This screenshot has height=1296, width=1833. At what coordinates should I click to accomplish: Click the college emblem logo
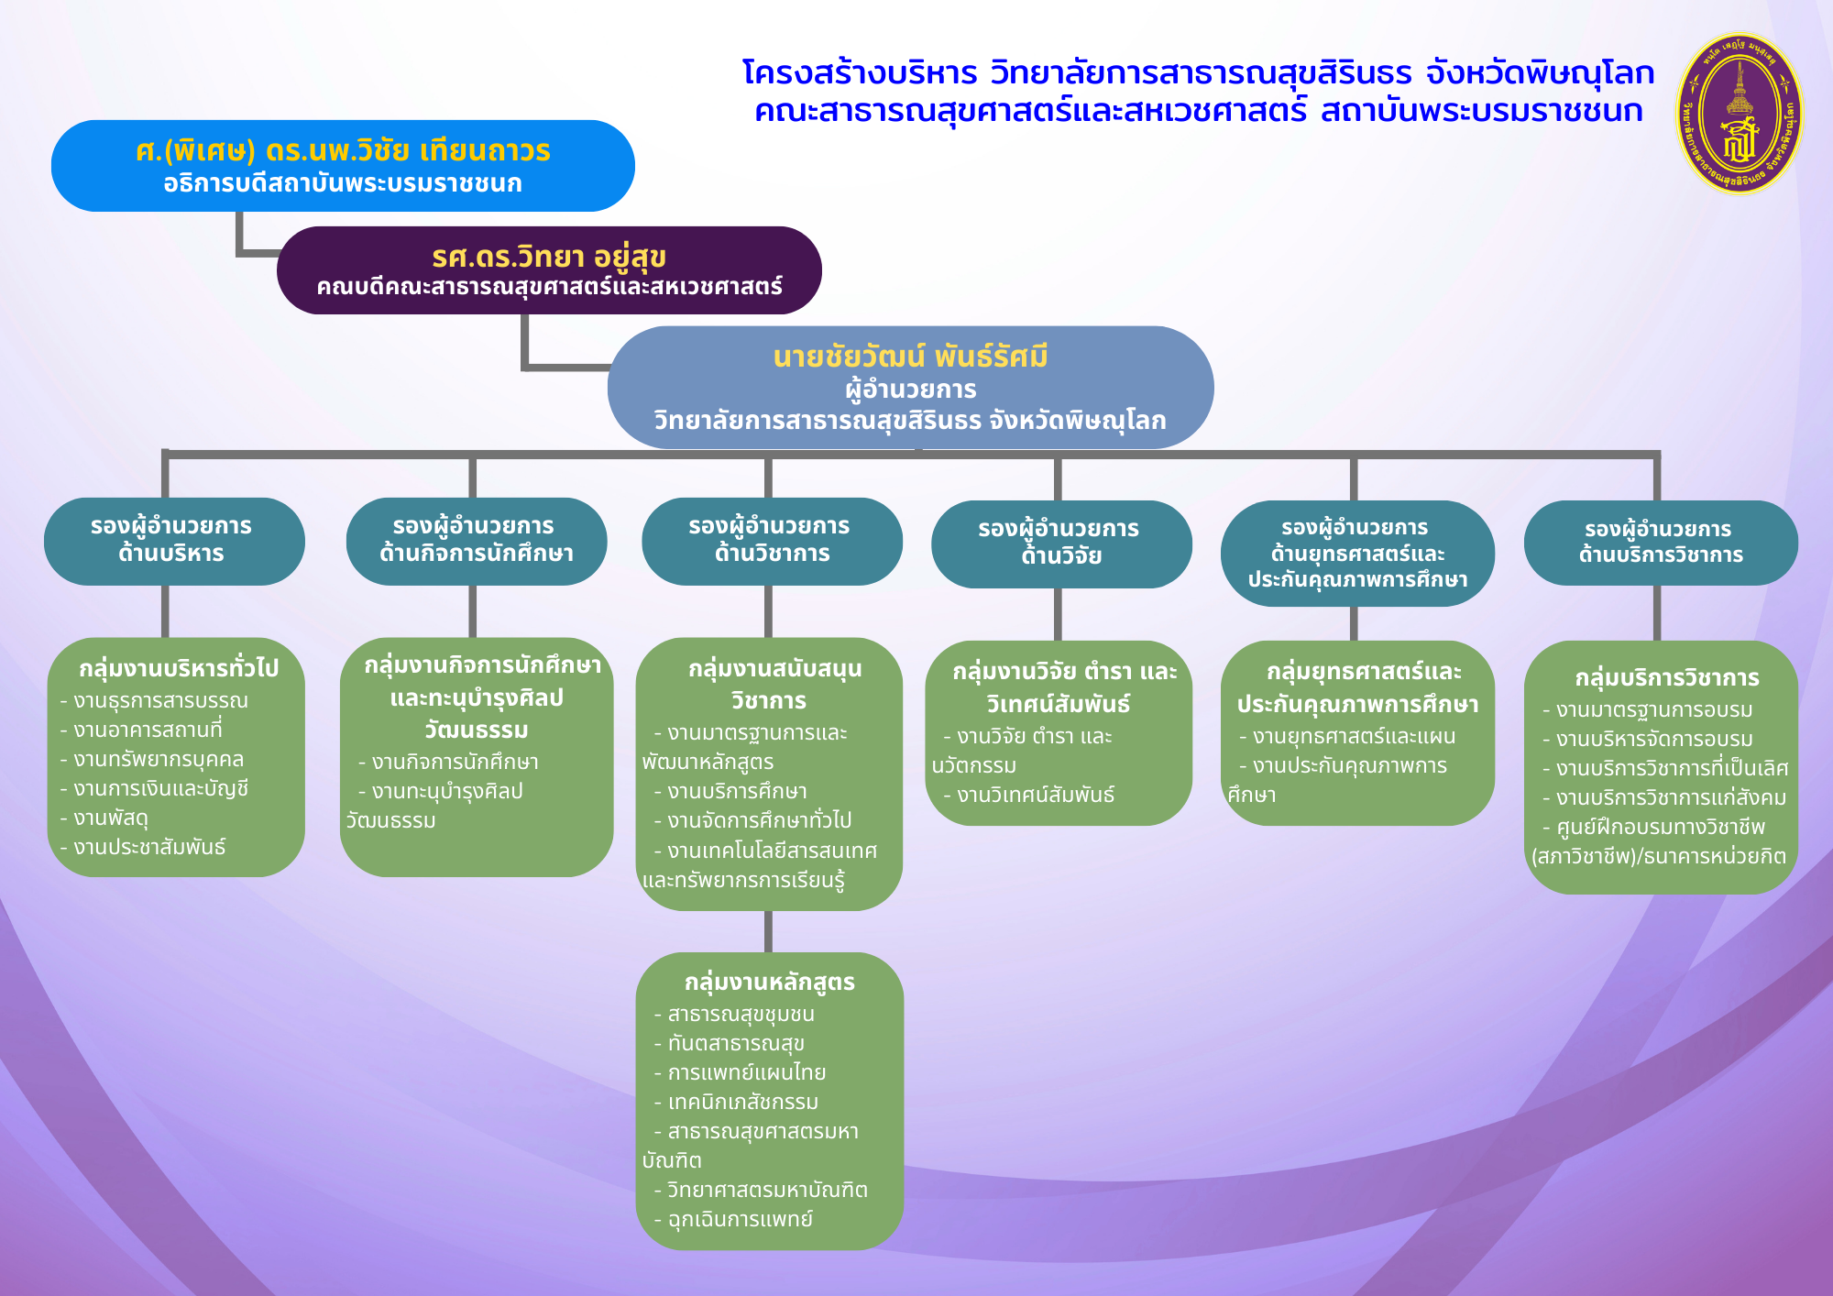coord(1739,115)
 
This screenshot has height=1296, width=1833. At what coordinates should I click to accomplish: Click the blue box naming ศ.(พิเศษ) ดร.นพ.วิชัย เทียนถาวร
coord(343,166)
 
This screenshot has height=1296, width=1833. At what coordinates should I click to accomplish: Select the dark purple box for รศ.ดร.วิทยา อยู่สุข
coord(549,270)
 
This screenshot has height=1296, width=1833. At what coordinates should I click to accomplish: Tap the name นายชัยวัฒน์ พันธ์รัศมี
coord(910,357)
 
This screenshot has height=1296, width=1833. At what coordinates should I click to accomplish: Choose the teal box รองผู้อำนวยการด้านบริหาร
coord(174,541)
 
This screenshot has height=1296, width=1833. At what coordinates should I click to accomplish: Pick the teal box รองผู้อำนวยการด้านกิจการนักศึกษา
coord(477,541)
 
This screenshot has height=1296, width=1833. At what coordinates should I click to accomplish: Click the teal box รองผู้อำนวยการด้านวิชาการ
coord(772,541)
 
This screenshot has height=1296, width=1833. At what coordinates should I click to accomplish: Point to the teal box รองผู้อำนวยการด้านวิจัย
coord(1061,544)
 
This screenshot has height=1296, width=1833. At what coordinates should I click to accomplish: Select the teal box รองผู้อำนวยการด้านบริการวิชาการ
coord(1661,543)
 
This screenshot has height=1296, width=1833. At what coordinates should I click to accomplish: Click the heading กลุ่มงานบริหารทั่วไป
coord(179,668)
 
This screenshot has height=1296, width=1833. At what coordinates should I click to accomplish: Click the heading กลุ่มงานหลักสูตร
coord(770,983)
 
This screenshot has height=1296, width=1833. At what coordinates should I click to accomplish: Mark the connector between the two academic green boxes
coord(768,931)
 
